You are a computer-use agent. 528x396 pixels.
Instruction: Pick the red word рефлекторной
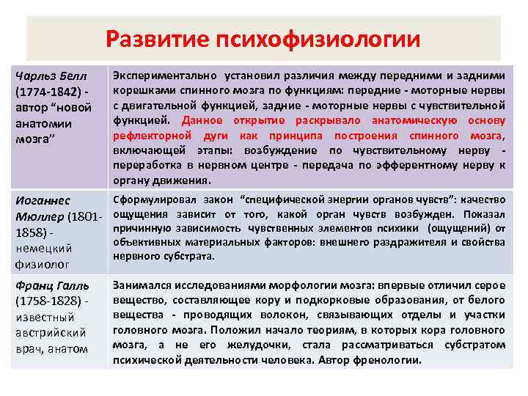pyautogui.click(x=146, y=136)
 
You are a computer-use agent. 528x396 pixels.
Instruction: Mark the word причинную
pyautogui.click(x=139, y=227)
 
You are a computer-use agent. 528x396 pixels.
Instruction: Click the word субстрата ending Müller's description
pyautogui.click(x=188, y=256)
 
